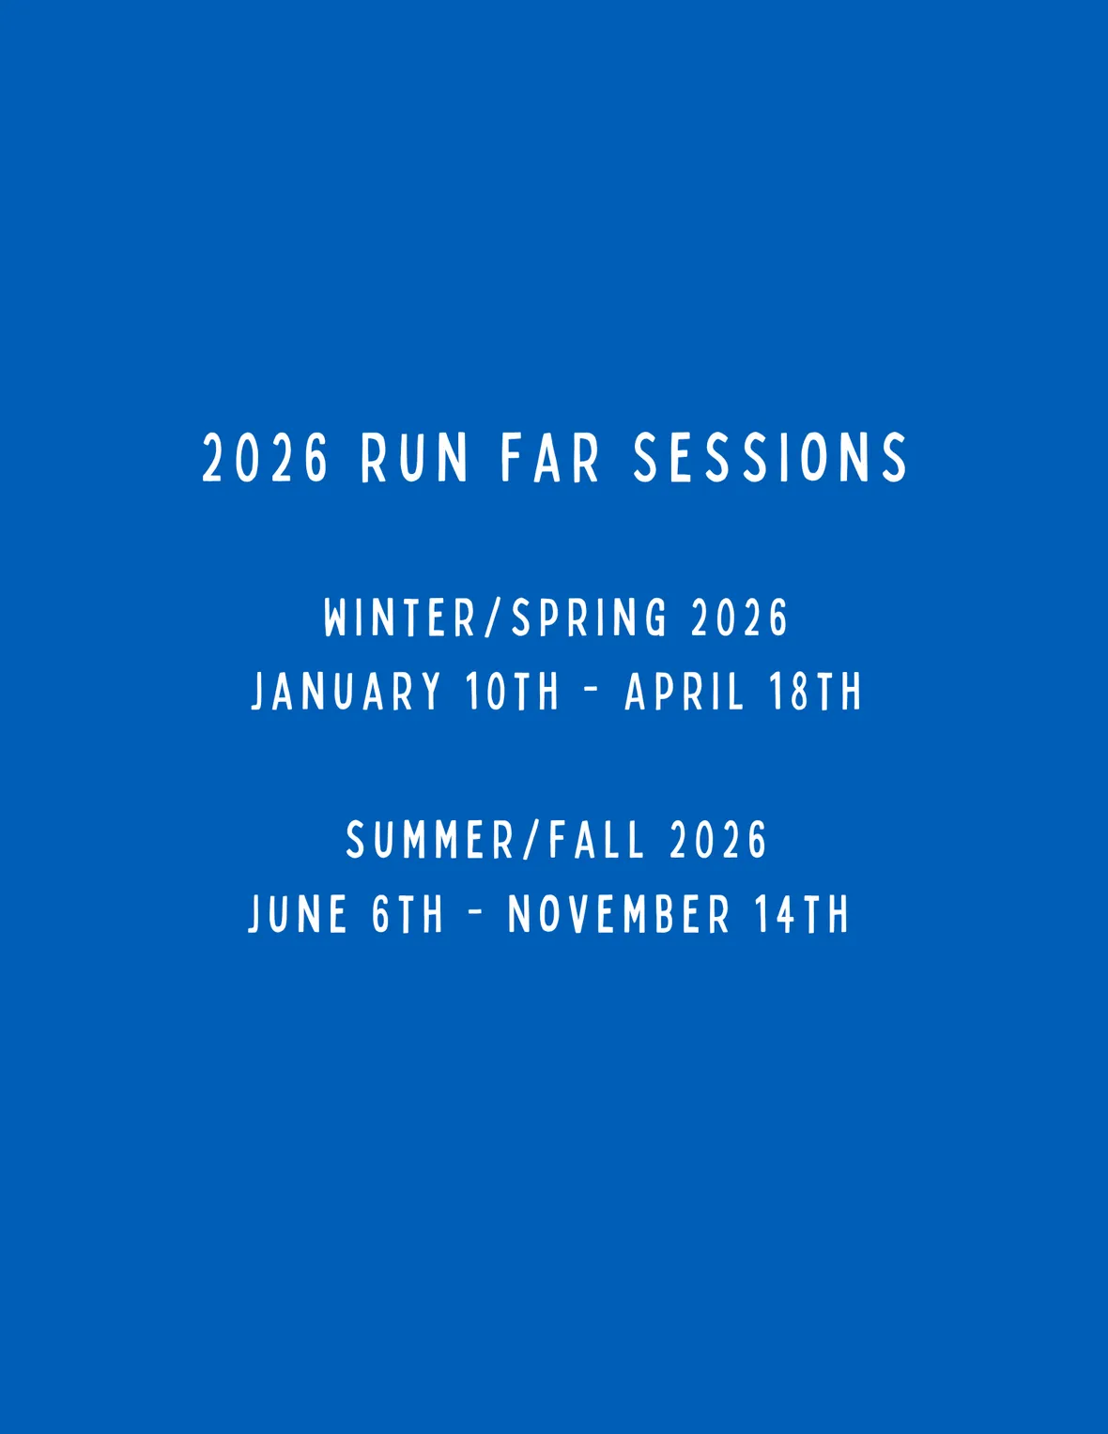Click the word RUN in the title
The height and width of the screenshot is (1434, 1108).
[x=415, y=458]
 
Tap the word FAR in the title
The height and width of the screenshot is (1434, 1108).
[x=550, y=458]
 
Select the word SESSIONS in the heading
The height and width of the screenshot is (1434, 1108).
[x=771, y=458]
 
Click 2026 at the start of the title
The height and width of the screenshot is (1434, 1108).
[x=265, y=458]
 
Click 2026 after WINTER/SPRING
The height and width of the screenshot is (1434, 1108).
[x=739, y=618]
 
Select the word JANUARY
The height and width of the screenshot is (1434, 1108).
[x=346, y=691]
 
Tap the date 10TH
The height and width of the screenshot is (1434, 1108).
[x=513, y=691]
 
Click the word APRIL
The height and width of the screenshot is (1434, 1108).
[x=683, y=691]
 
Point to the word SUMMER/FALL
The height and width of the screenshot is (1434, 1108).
[x=495, y=840]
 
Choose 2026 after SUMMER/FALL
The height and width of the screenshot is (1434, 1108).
[x=717, y=840]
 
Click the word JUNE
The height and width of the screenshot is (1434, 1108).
[x=297, y=914]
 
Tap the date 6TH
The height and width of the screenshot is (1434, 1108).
[x=408, y=914]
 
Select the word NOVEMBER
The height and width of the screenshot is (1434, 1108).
[x=619, y=914]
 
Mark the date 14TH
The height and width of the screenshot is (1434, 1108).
[x=802, y=914]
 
